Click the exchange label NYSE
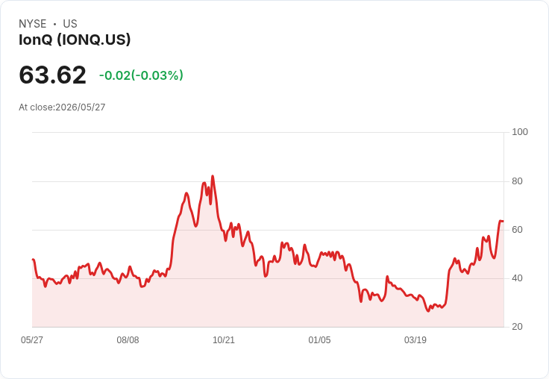coord(33,24)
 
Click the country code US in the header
coord(70,24)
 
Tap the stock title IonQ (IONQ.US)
coord(75,40)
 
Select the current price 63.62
coord(52,75)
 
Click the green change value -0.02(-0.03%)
coord(141,75)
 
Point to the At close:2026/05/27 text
coord(62,107)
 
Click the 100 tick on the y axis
coord(520,132)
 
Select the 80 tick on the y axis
coord(517,181)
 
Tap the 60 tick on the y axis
coord(517,230)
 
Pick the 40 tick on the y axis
coord(517,278)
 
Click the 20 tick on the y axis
coord(517,327)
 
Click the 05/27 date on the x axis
coord(32,340)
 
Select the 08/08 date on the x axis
coord(128,340)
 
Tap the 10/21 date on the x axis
coord(224,340)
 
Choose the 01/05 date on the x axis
coord(319,340)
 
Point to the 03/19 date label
coord(415,340)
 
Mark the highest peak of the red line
coord(213,176)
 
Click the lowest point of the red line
coord(428,310)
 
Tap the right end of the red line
coord(503,221)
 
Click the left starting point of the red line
coord(33,260)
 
